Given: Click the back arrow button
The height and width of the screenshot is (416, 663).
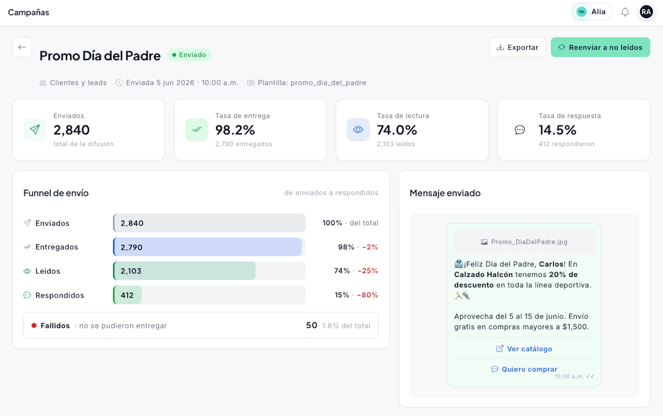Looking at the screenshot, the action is [22, 47].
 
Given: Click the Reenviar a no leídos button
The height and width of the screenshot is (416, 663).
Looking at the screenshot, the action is [600, 48].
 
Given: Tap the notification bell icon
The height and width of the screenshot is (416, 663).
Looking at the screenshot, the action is [625, 12].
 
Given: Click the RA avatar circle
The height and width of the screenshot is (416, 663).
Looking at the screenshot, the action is [646, 12].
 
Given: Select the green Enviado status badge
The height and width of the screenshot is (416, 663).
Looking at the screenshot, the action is [189, 55].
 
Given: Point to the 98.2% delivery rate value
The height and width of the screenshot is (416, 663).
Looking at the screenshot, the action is [235, 130].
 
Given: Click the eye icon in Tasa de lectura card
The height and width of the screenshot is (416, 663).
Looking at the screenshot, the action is [358, 130].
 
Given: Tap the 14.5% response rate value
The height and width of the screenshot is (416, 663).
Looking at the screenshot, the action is [557, 130].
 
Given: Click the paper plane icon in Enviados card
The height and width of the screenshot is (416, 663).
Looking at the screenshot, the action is [35, 130].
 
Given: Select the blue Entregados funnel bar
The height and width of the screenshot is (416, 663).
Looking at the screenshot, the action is [208, 247].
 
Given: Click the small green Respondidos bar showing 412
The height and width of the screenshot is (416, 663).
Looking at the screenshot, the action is [127, 295].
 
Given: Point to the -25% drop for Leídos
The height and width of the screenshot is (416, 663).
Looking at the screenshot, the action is [368, 271].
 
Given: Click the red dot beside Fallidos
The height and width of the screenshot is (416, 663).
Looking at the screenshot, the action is [34, 326].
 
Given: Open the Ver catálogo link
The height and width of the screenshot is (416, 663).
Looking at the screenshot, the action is [524, 349].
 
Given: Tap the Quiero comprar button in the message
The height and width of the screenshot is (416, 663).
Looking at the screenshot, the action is [524, 369].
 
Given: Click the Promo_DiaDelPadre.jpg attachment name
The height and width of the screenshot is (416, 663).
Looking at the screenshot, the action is [529, 242].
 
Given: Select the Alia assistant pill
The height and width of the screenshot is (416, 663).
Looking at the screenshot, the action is [592, 12].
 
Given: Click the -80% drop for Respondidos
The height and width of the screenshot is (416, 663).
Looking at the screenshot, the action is [368, 295].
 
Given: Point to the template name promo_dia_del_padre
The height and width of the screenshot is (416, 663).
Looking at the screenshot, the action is [328, 83].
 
